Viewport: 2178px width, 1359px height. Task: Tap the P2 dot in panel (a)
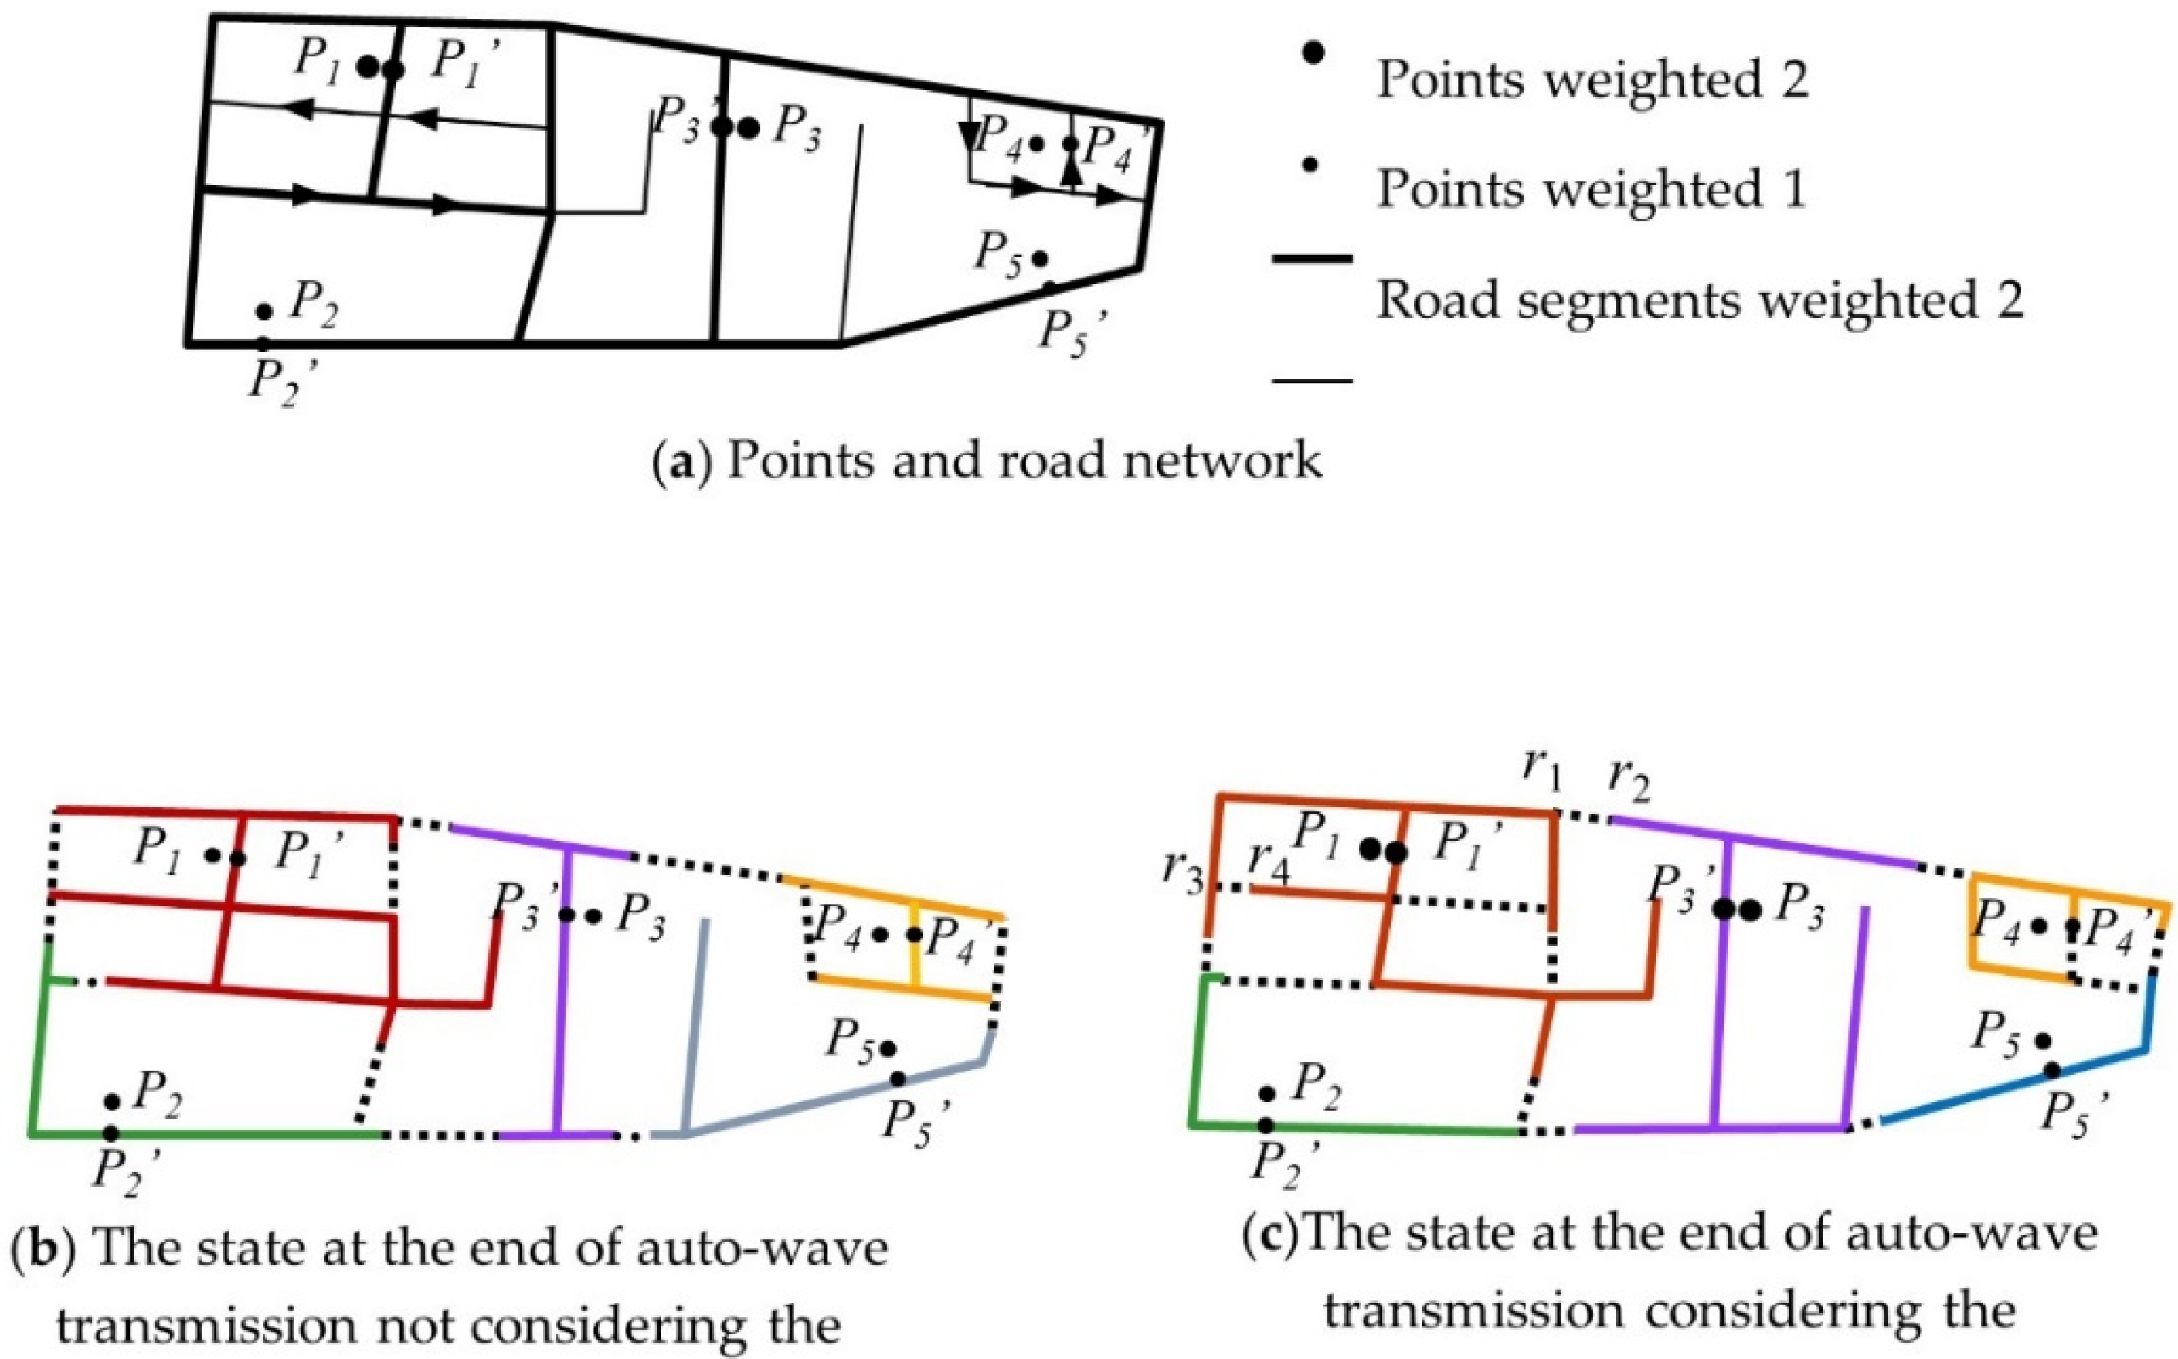coord(263,311)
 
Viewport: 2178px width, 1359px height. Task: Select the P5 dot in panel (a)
coord(1040,258)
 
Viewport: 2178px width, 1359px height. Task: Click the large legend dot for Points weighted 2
coord(1313,52)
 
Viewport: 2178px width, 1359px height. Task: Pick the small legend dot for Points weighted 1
coord(1311,164)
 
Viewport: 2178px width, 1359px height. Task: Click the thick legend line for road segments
coord(1311,259)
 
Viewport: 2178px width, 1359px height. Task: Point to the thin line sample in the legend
coord(1311,381)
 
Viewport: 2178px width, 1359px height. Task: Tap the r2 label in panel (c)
coord(1629,781)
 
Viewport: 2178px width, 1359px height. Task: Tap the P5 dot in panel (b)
coord(888,1048)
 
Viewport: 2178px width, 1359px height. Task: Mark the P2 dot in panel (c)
coord(1267,1094)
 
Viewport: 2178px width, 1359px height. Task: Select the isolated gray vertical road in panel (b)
coord(697,1024)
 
